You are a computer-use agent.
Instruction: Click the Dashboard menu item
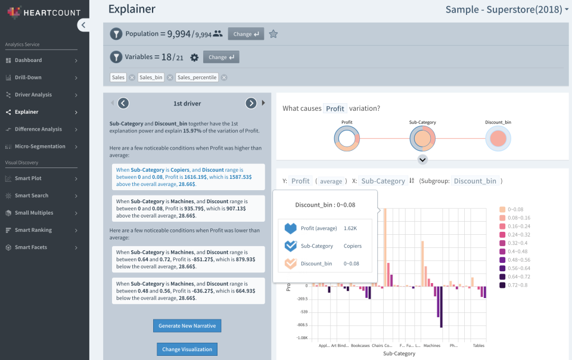tap(28, 60)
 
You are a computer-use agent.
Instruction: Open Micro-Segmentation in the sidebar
tap(39, 146)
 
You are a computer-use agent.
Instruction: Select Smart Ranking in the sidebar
tap(33, 230)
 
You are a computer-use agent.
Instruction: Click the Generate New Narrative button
tap(187, 325)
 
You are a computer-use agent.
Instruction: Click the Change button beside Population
tap(245, 34)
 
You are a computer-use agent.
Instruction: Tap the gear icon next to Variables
tap(194, 57)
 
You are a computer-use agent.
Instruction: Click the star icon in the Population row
tap(273, 34)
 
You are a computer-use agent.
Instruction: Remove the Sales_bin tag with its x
tap(170, 77)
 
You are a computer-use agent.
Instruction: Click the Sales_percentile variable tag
tap(197, 77)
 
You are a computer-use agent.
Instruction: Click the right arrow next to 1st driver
tap(251, 103)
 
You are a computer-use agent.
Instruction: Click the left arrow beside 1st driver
tap(123, 103)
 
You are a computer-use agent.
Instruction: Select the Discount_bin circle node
tap(498, 139)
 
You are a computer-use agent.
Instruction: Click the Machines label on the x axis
tap(431, 346)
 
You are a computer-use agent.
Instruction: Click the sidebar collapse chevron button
tap(83, 24)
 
